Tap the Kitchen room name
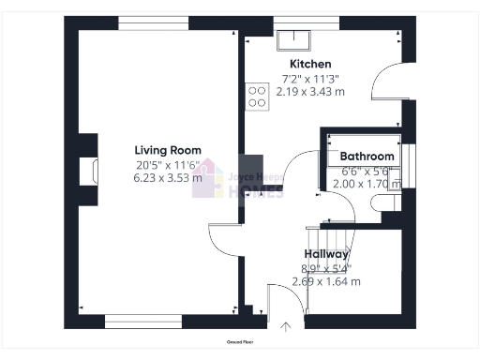308,64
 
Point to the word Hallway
326,254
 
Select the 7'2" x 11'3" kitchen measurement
308,79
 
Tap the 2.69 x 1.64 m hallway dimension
326,281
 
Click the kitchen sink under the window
296,38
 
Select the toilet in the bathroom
392,202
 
